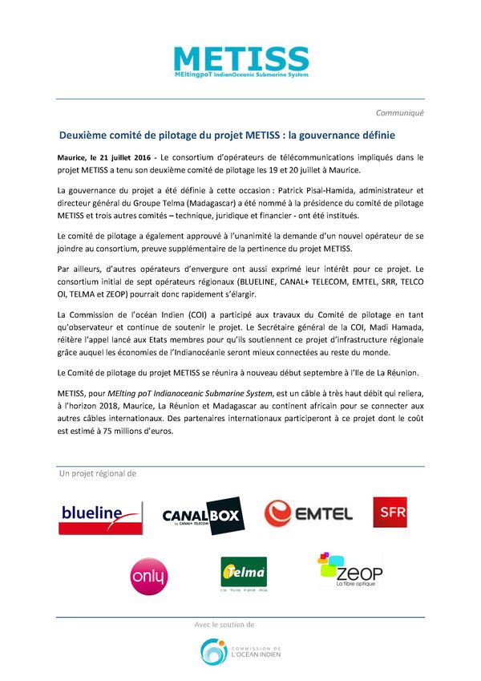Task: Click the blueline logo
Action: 101,517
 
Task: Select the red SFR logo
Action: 391,512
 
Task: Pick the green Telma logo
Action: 244,574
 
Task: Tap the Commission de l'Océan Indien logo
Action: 240,651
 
